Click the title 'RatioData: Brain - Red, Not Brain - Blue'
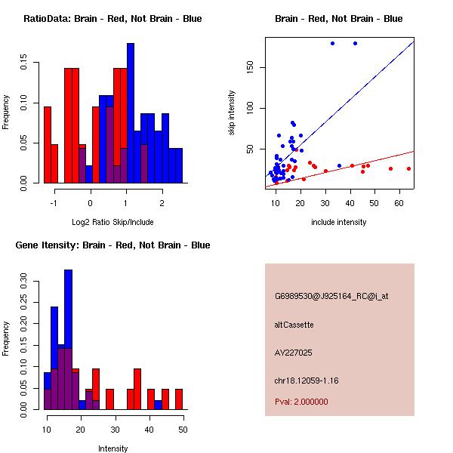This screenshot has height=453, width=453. click(x=112, y=19)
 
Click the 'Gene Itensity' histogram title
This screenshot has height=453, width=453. click(x=112, y=245)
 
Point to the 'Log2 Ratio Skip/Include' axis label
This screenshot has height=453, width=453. click(x=112, y=222)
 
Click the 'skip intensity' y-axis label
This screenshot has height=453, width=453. click(x=233, y=113)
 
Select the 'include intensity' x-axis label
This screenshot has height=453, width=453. click(x=338, y=222)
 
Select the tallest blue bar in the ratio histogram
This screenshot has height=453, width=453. click(x=131, y=113)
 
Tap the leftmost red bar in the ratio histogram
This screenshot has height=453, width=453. click(x=48, y=145)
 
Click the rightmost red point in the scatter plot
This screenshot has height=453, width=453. click(x=408, y=168)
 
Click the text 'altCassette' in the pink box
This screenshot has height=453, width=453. click(x=294, y=325)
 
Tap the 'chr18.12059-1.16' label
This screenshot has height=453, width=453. click(x=307, y=381)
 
